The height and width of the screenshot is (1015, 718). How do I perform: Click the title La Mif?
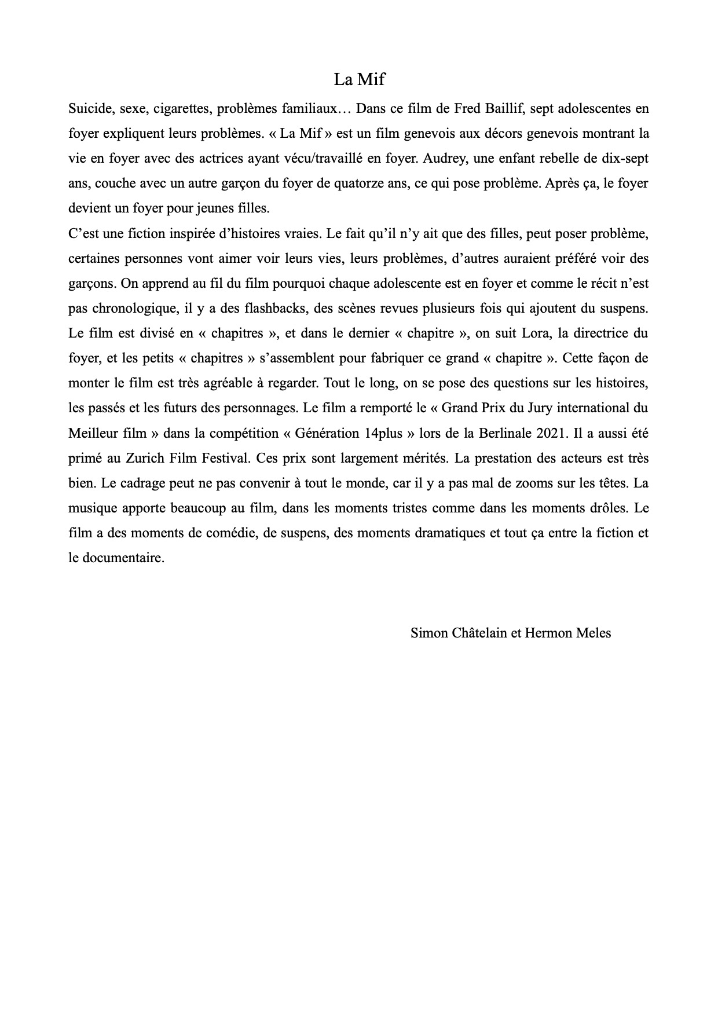point(359,79)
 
